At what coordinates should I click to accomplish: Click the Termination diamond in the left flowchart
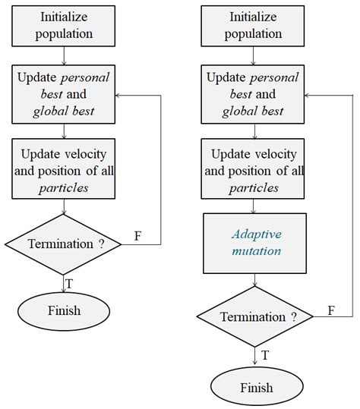click(x=64, y=244)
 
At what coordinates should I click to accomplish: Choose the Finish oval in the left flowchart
click(x=64, y=310)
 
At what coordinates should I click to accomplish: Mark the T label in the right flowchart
click(x=264, y=354)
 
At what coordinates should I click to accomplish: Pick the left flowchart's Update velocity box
click(x=64, y=166)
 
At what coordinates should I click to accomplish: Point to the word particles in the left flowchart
click(x=64, y=187)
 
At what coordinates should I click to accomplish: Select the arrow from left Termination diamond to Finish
click(x=64, y=281)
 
